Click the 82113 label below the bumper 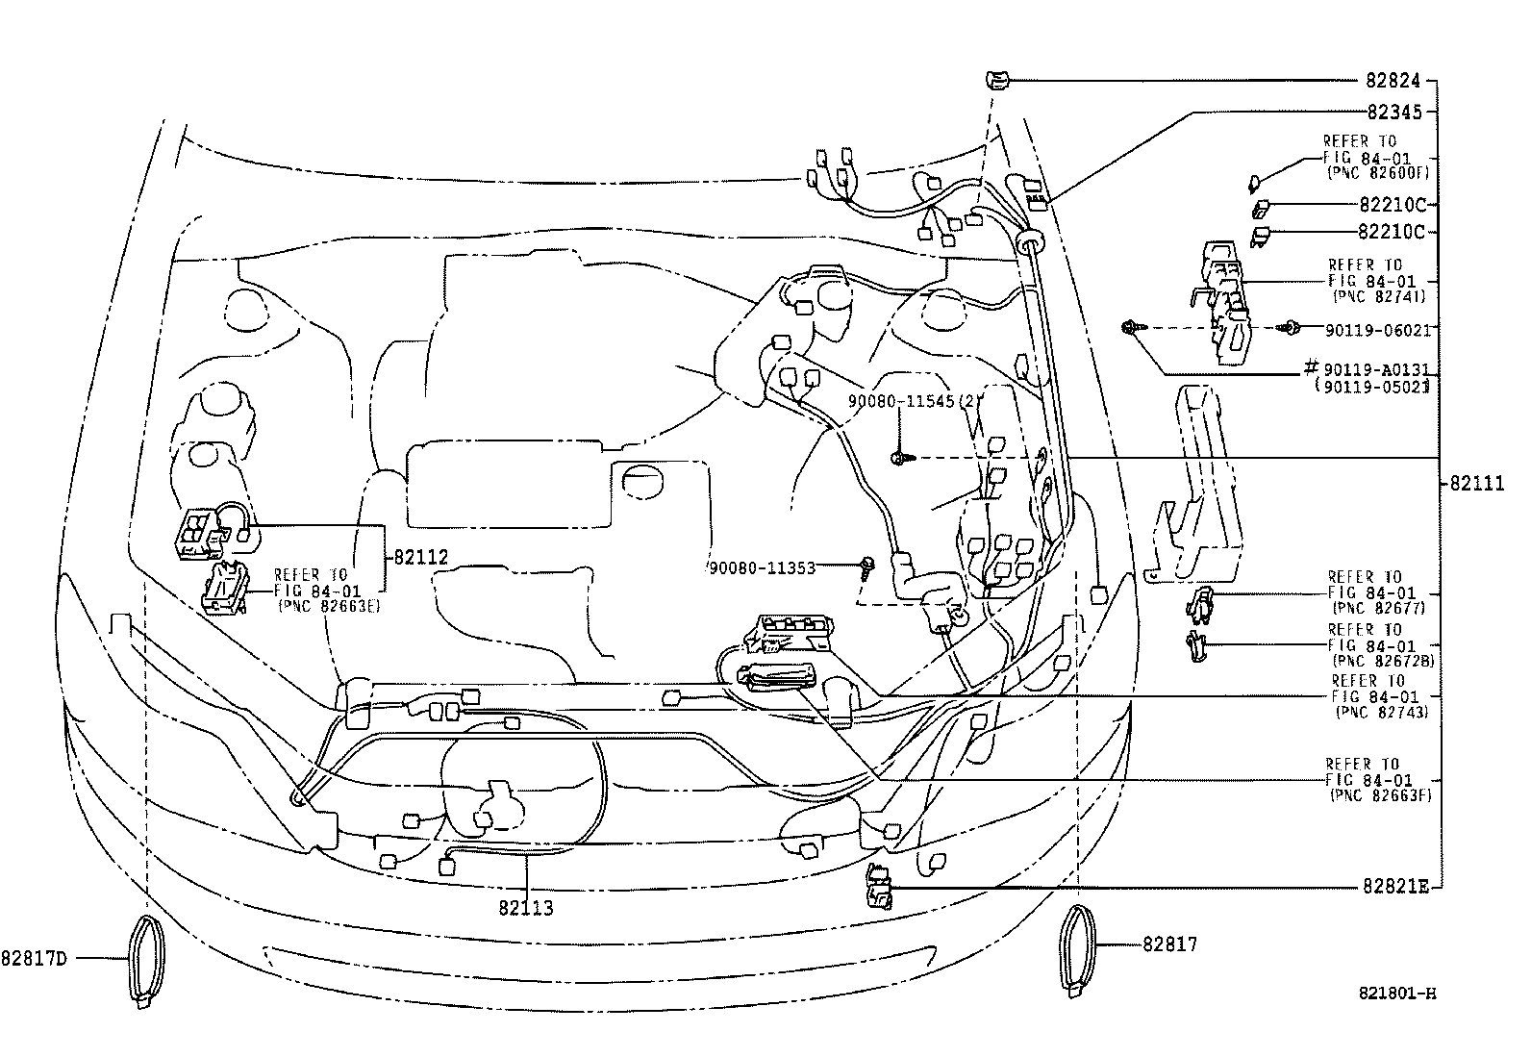point(526,907)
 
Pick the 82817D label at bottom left point(37,958)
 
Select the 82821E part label point(1394,887)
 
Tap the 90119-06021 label point(1377,330)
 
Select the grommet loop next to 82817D point(146,961)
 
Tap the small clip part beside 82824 point(996,81)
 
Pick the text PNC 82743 point(1381,713)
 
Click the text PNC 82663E point(328,606)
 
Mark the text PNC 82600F point(1378,172)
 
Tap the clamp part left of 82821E point(879,886)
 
